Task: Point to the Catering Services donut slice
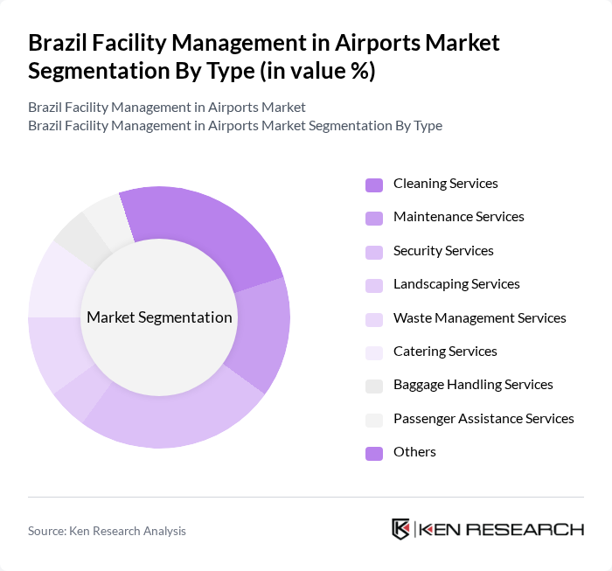point(57,280)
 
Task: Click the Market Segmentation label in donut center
point(159,317)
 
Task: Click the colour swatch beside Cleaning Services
point(374,185)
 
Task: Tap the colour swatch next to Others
point(374,453)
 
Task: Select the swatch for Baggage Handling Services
point(374,386)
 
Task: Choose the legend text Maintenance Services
point(458,217)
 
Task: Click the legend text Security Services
point(443,251)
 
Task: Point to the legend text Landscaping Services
point(456,284)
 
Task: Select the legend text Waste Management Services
point(479,318)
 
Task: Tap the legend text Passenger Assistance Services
point(483,419)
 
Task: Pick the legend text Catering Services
point(445,352)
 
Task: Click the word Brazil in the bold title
point(58,43)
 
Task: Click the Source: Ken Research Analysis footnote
point(107,531)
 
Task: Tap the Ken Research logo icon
point(401,529)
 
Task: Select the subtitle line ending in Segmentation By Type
point(235,125)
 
